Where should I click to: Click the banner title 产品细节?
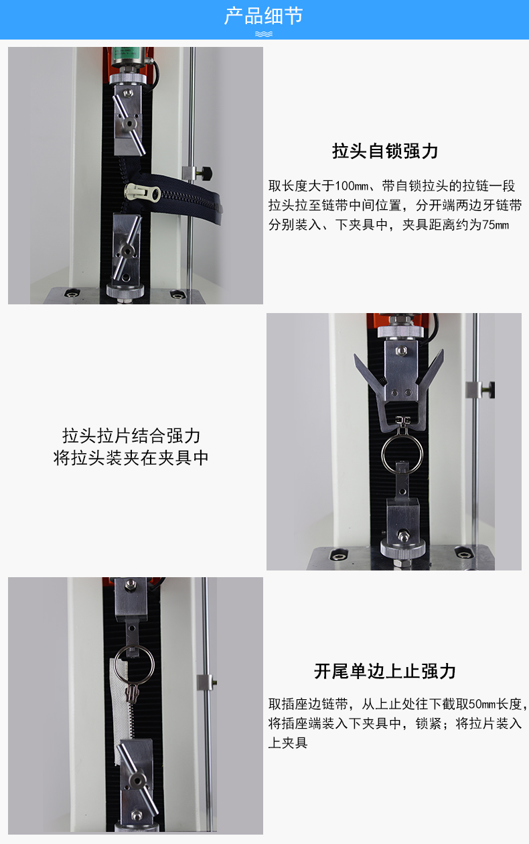pyautogui.click(x=264, y=16)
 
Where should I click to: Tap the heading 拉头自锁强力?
pyautogui.click(x=385, y=151)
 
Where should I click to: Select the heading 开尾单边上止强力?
pyautogui.click(x=385, y=671)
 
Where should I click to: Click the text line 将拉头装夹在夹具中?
pyautogui.click(x=131, y=458)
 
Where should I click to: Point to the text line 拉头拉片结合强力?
pyautogui.click(x=131, y=436)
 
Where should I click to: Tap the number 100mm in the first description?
pyautogui.click(x=352, y=186)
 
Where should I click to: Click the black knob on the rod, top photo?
pyautogui.click(x=206, y=172)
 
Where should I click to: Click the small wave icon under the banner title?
pyautogui.click(x=264, y=34)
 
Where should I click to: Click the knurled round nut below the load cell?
pyautogui.click(x=127, y=78)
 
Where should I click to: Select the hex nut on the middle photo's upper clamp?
pyautogui.click(x=400, y=351)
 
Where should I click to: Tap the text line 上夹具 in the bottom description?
pyautogui.click(x=288, y=743)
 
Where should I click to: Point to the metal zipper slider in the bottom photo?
pyautogui.click(x=132, y=691)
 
